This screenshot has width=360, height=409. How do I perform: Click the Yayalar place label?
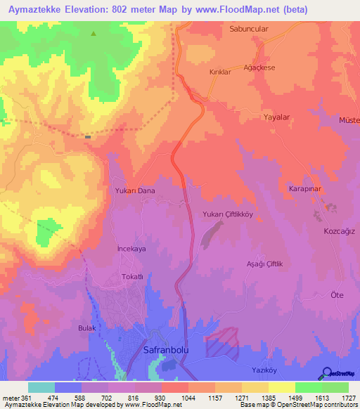(x=276, y=118)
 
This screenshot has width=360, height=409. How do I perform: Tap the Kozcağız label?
(x=339, y=231)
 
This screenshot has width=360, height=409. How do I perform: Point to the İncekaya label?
(x=130, y=249)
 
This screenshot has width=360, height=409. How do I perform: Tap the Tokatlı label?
(x=132, y=277)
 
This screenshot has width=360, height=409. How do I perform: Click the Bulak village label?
(x=86, y=328)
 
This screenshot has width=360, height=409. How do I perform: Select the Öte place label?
(x=337, y=296)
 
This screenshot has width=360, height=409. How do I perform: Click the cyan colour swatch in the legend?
(x=41, y=387)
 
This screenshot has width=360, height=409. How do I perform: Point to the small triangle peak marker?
(x=94, y=33)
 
